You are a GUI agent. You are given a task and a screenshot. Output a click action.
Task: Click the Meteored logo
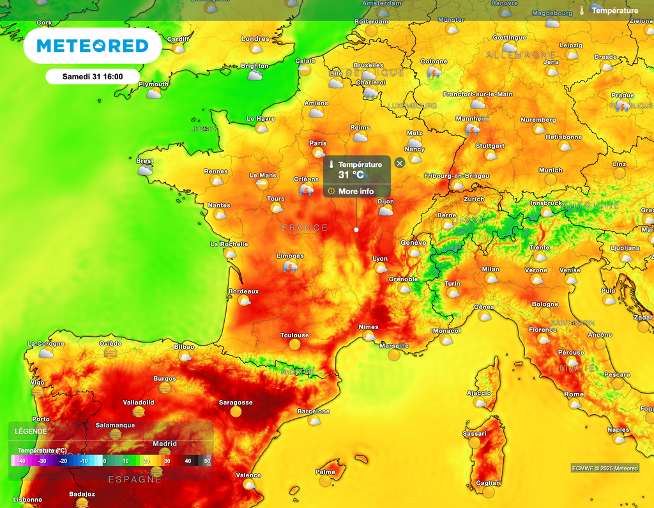(x=93, y=45)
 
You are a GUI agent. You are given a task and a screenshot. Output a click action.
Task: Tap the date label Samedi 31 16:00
(x=93, y=77)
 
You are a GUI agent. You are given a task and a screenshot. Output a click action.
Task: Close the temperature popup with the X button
(x=400, y=163)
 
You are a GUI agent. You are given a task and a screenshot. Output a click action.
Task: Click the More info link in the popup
(x=356, y=191)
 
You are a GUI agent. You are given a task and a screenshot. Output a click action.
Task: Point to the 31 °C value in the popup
(x=351, y=174)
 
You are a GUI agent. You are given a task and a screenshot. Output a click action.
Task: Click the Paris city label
(x=317, y=143)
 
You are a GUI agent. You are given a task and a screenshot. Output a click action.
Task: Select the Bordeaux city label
(x=243, y=291)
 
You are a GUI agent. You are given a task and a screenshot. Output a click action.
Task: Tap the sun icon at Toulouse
(x=294, y=344)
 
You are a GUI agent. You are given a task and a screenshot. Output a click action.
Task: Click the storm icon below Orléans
(x=307, y=190)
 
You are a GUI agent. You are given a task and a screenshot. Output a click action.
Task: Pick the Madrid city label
(x=165, y=443)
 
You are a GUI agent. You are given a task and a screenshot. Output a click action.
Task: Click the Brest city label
(x=145, y=161)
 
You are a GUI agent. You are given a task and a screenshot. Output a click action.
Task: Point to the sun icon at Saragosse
(x=236, y=412)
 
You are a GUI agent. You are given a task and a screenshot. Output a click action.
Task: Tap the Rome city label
(x=574, y=394)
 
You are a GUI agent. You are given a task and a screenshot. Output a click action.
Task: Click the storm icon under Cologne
(x=434, y=72)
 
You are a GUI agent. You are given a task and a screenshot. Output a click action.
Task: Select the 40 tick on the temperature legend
(x=188, y=460)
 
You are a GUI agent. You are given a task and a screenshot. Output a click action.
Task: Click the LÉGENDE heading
(x=31, y=431)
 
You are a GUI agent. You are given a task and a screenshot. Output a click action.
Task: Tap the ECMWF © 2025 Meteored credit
(x=604, y=468)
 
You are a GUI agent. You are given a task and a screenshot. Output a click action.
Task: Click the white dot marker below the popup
(x=356, y=229)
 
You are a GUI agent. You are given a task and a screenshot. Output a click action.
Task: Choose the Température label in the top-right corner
(x=614, y=11)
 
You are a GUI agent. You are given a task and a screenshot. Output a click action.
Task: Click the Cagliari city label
(x=489, y=483)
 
